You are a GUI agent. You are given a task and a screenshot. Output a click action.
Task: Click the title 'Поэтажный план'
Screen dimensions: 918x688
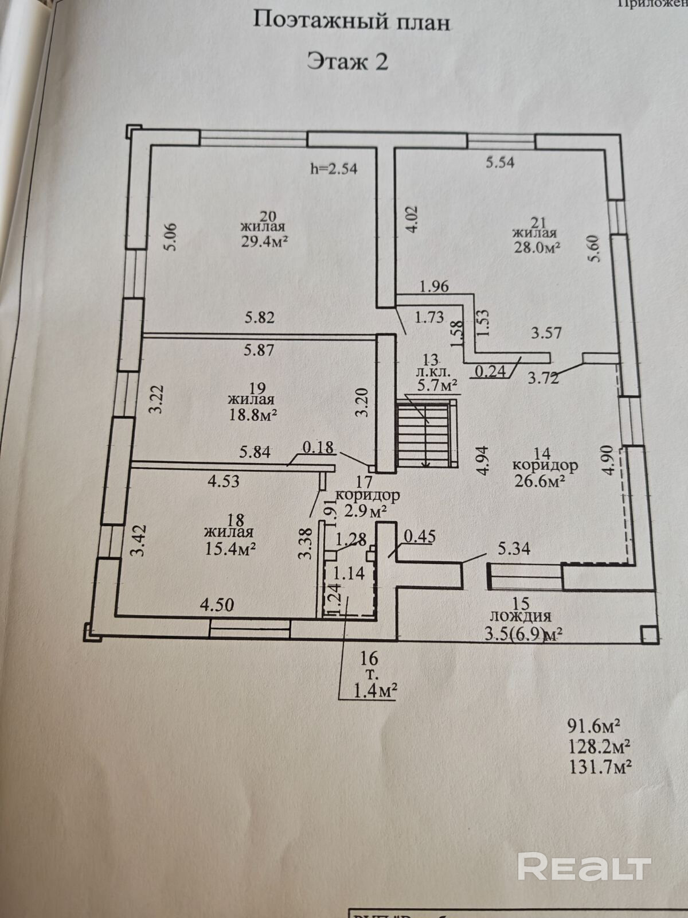(351, 21)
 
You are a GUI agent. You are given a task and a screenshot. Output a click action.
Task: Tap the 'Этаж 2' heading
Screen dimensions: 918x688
(347, 61)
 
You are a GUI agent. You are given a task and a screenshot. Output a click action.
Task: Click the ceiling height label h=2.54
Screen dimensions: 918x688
(334, 169)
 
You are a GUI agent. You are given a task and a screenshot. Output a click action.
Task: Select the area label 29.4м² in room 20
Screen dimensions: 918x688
(264, 242)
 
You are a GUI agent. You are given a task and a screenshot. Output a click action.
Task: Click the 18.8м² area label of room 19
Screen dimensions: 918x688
(253, 414)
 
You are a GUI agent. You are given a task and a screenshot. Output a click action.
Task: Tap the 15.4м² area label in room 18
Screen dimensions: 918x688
(230, 549)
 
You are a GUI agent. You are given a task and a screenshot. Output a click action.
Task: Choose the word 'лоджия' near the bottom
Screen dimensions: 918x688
(521, 616)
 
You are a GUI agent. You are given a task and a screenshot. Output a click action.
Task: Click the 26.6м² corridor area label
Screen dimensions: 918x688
(540, 480)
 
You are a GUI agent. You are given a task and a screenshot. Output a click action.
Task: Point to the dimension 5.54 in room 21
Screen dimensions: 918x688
(500, 162)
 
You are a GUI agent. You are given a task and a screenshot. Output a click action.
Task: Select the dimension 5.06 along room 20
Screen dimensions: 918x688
(170, 237)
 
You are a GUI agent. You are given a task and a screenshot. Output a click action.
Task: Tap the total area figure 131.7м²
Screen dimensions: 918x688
(600, 766)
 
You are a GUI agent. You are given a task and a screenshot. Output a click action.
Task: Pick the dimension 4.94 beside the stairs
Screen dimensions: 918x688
(483, 460)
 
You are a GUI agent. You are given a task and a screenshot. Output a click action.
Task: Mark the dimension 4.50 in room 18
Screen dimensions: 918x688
(217, 604)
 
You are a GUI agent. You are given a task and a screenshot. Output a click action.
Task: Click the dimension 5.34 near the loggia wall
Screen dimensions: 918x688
(514, 549)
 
